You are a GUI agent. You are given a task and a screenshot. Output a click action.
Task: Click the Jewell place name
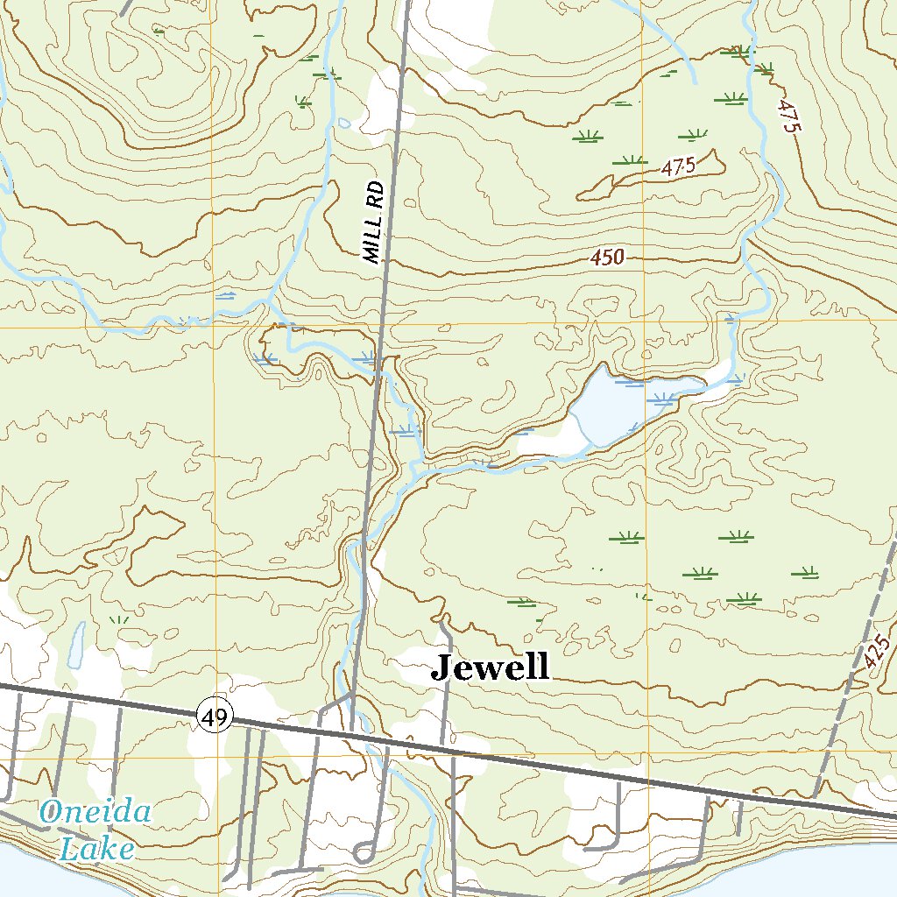click(491, 667)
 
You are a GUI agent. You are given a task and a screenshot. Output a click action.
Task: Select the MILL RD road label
click(374, 222)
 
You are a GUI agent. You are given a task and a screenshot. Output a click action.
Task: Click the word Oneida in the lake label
click(95, 813)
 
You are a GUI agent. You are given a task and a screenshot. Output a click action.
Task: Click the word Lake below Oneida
click(96, 848)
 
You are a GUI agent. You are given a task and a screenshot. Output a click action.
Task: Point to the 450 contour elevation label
click(606, 258)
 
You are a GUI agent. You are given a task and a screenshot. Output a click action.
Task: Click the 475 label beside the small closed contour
click(678, 167)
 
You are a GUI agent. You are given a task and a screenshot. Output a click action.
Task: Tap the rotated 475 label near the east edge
click(789, 115)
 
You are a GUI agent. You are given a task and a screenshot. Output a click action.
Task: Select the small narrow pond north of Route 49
click(75, 644)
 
